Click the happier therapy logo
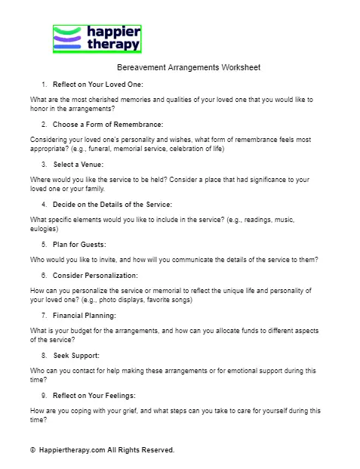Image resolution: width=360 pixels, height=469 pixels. pyautogui.click(x=97, y=39)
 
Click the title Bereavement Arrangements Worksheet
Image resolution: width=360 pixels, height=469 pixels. pyautogui.click(x=189, y=68)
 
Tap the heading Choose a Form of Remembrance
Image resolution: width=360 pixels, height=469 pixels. pyautogui.click(x=107, y=124)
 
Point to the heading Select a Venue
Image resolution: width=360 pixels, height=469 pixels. pyautogui.click(x=78, y=164)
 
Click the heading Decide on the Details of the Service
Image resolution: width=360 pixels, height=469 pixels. pyautogui.click(x=112, y=204)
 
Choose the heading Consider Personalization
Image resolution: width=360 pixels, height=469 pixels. pyautogui.click(x=95, y=276)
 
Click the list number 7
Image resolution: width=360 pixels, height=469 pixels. pyautogui.click(x=44, y=316)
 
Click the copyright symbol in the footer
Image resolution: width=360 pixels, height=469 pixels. pyautogui.click(x=32, y=450)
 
